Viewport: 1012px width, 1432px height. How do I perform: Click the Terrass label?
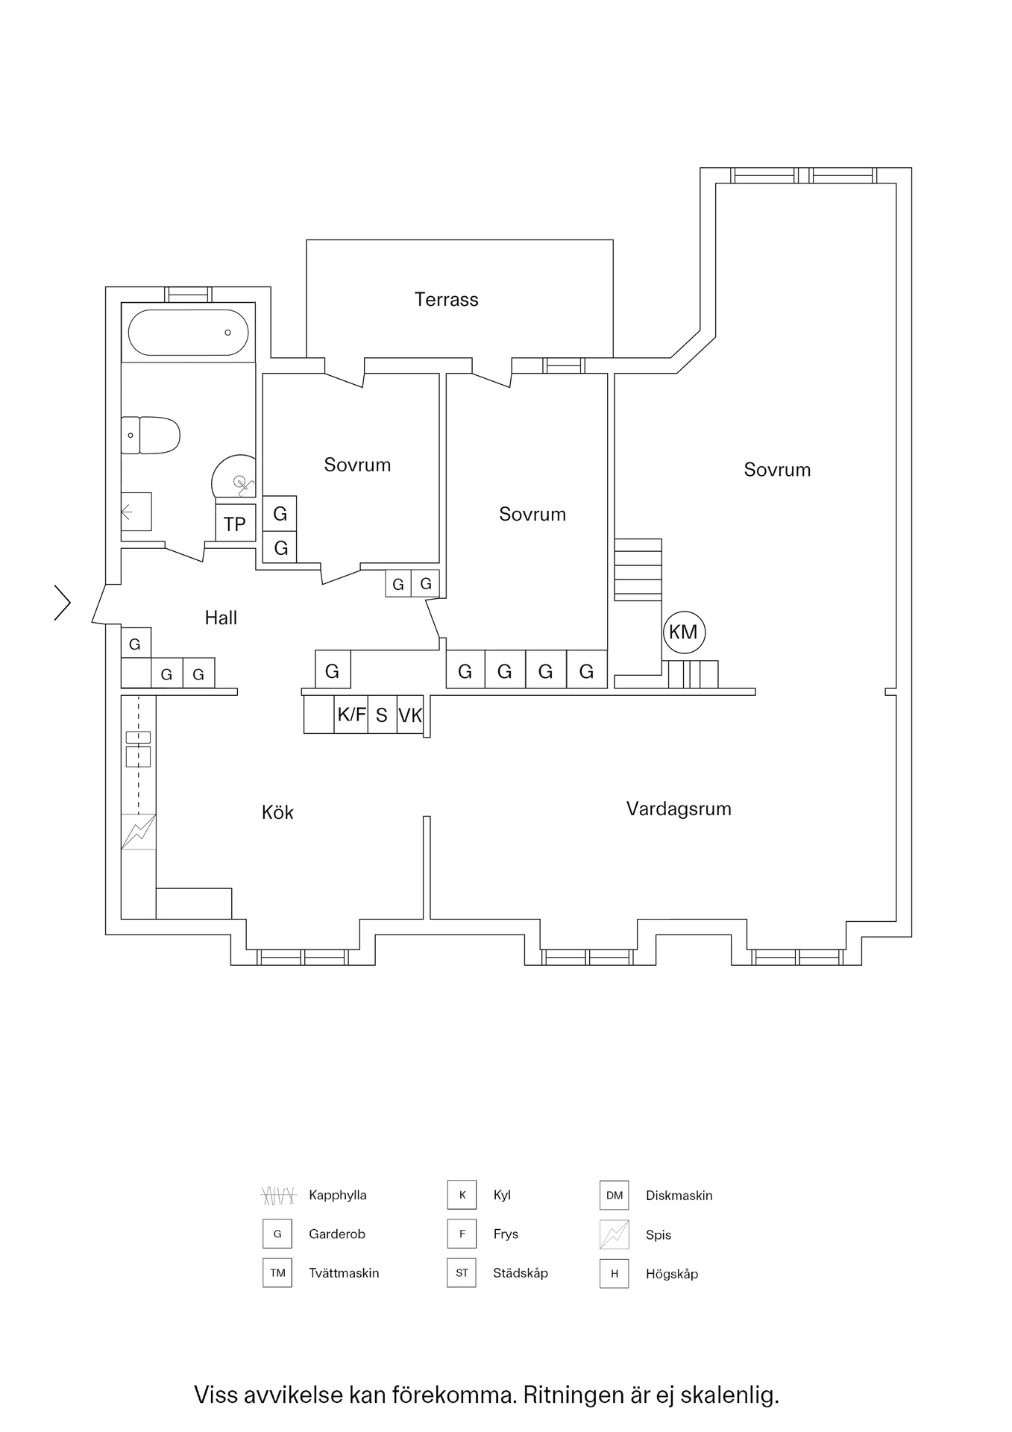pyautogui.click(x=446, y=300)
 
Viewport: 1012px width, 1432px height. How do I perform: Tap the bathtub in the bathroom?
pyautogui.click(x=188, y=333)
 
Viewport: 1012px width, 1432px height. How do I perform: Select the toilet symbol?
pyautogui.click(x=151, y=436)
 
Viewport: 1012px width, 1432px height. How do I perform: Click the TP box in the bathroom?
pyautogui.click(x=235, y=524)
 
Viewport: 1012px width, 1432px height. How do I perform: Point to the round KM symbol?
pyautogui.click(x=683, y=632)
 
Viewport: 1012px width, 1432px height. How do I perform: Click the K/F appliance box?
pyautogui.click(x=351, y=715)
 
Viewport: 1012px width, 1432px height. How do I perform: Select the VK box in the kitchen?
pyautogui.click(x=410, y=716)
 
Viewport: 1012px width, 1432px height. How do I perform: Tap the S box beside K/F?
pyautogui.click(x=382, y=716)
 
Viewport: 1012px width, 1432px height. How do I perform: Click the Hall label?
pyautogui.click(x=221, y=618)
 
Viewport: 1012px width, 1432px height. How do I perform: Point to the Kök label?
pyautogui.click(x=277, y=812)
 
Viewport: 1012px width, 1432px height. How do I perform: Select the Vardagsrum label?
pyautogui.click(x=679, y=809)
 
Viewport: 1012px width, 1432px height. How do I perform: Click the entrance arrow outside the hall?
pyautogui.click(x=63, y=603)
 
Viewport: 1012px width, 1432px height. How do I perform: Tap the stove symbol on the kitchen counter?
pyautogui.click(x=139, y=832)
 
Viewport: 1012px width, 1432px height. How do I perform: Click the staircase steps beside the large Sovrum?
pyautogui.click(x=638, y=569)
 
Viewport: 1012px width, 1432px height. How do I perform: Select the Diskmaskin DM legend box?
pyautogui.click(x=615, y=1196)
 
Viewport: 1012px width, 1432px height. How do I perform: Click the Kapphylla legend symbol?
pyautogui.click(x=278, y=1196)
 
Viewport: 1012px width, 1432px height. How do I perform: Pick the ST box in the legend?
pyautogui.click(x=462, y=1273)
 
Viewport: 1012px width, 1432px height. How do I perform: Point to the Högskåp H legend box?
pyautogui.click(x=615, y=1274)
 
